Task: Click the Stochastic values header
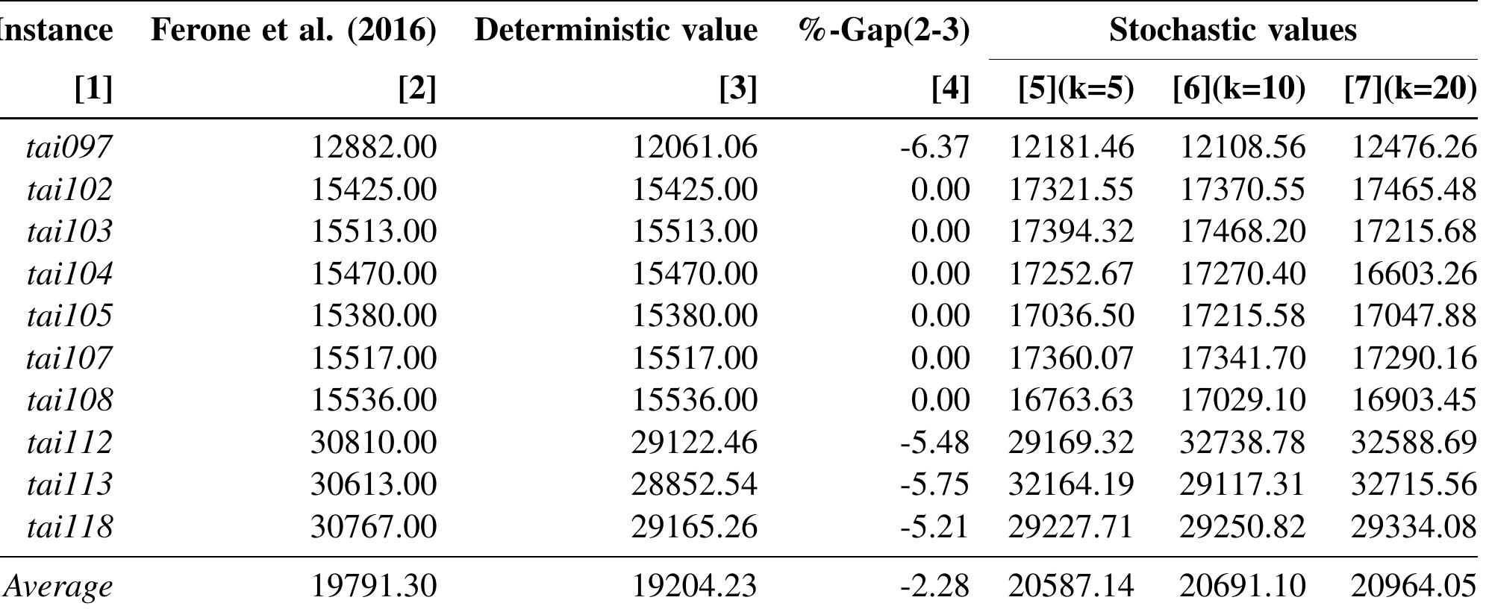pos(1232,30)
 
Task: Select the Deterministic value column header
pos(616,30)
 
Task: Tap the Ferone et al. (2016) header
pos(293,30)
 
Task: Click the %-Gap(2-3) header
pos(884,30)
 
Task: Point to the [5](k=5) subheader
pos(1076,89)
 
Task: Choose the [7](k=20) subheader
pos(1410,89)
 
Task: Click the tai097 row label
pos(69,146)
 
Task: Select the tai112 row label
pos(69,443)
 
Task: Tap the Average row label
pos(58,586)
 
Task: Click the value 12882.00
pos(373,146)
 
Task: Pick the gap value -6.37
pos(934,146)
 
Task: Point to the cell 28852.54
pos(694,484)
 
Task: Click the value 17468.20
pos(1242,231)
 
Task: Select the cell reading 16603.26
pos(1414,273)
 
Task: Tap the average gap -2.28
pos(934,586)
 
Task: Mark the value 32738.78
pos(1242,443)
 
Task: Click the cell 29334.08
pos(1414,527)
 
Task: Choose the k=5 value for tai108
pos(1071,400)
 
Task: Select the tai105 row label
pos(69,315)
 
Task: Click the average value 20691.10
pos(1242,586)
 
